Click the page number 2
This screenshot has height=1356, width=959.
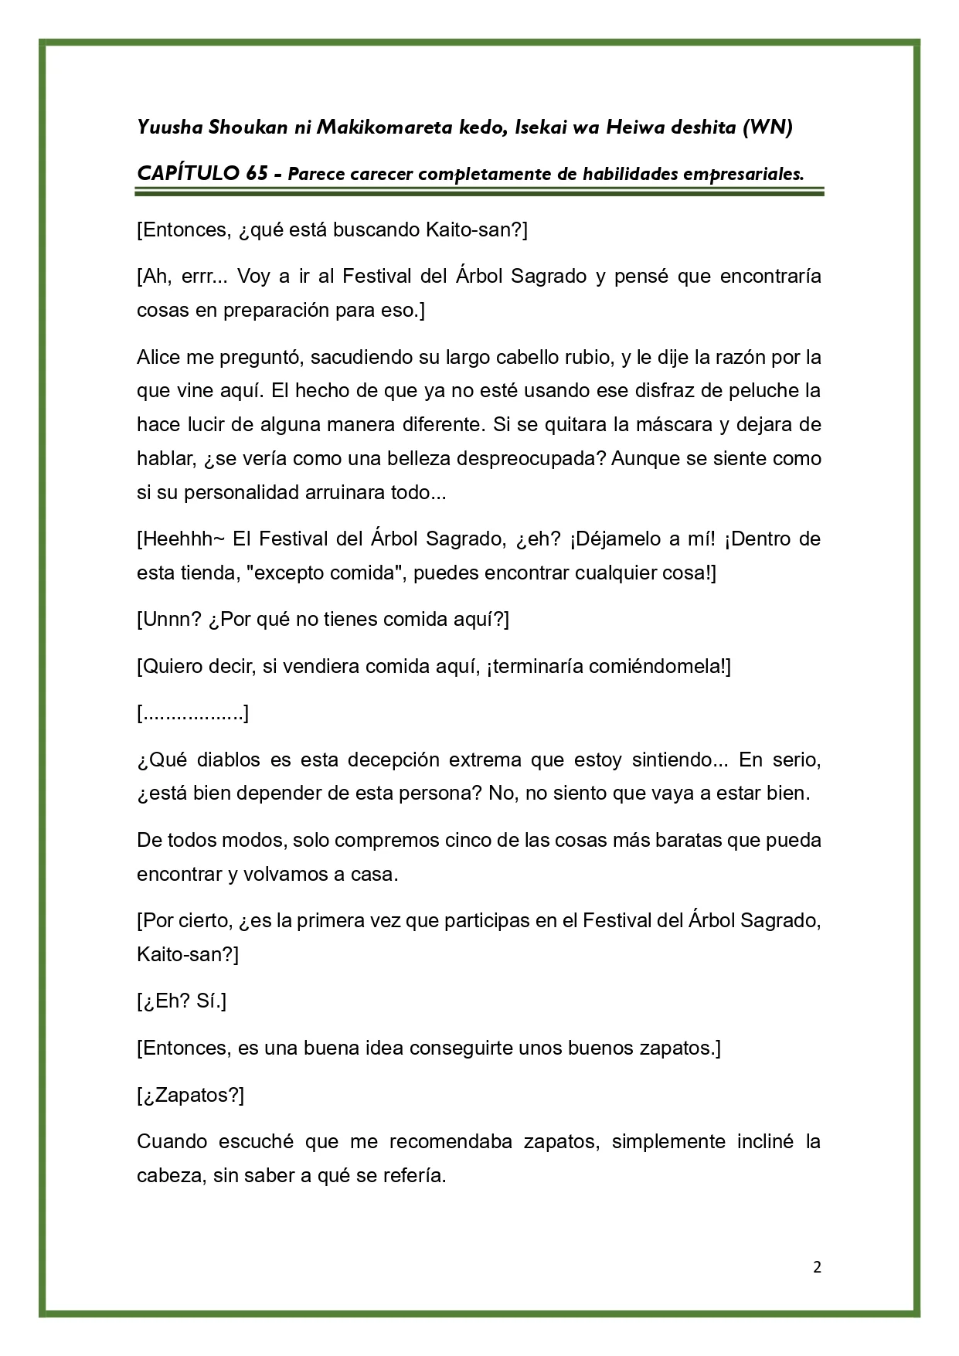pos(818,1267)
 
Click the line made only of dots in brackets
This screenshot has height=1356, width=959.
pos(192,713)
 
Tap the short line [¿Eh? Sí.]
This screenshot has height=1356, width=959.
pos(182,1002)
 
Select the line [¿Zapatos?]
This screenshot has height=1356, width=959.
pos(190,1095)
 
